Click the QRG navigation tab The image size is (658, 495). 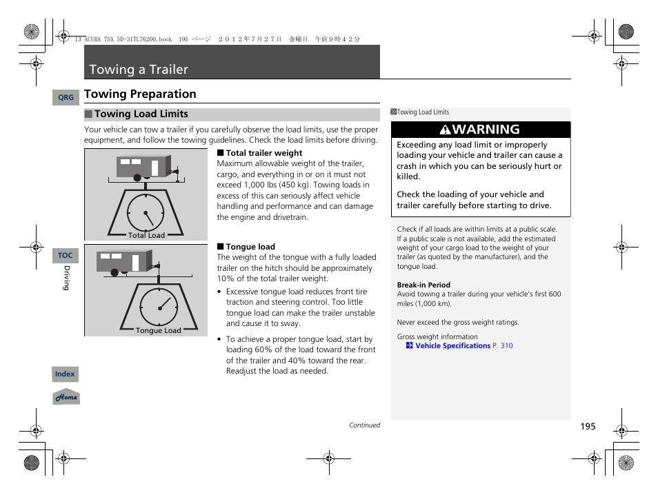pyautogui.click(x=66, y=98)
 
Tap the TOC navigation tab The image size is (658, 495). pyautogui.click(x=65, y=255)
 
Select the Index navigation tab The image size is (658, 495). pyautogui.click(x=65, y=374)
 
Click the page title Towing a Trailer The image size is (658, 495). pyautogui.click(x=139, y=70)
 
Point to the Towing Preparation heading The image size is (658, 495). pyautogui.click(x=140, y=94)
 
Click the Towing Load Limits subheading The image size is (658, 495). pyautogui.click(x=141, y=114)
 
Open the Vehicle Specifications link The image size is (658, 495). pyautogui.click(x=452, y=346)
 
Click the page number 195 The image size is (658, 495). pyautogui.click(x=587, y=427)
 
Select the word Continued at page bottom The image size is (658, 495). pyautogui.click(x=364, y=425)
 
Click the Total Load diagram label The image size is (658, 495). pyautogui.click(x=146, y=235)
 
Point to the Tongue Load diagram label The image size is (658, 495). pyautogui.click(x=158, y=330)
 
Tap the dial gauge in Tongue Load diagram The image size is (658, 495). pyautogui.click(x=159, y=306)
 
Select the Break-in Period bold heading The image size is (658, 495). pyautogui.click(x=423, y=285)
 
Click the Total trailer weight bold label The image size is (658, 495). pyautogui.click(x=263, y=153)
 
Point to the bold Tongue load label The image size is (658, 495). pyautogui.click(x=250, y=247)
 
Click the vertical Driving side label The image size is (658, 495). pyautogui.click(x=67, y=278)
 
